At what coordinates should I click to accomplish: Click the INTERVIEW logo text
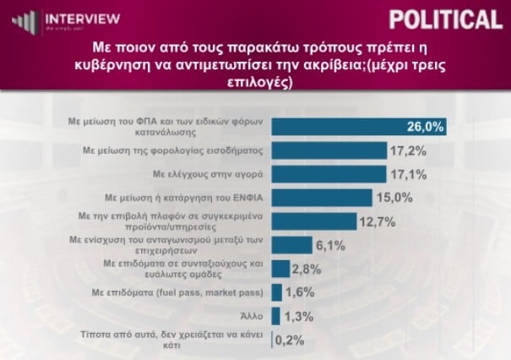tap(83, 19)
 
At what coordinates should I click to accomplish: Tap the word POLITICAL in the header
tap(446, 19)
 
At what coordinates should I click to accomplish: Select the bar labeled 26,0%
tap(359, 127)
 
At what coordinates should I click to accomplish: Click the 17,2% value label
tap(408, 151)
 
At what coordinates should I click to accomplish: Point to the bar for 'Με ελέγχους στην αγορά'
tap(329, 174)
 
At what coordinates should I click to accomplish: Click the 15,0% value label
tap(394, 198)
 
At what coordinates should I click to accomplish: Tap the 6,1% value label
tap(330, 246)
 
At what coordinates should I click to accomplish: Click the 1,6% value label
tap(300, 292)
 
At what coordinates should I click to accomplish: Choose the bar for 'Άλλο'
tap(276, 316)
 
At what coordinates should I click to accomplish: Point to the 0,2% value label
tap(290, 341)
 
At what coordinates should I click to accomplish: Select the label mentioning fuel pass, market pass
tap(177, 292)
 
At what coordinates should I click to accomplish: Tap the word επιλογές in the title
tap(260, 83)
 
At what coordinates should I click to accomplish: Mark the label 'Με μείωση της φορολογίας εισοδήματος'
tap(172, 150)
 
